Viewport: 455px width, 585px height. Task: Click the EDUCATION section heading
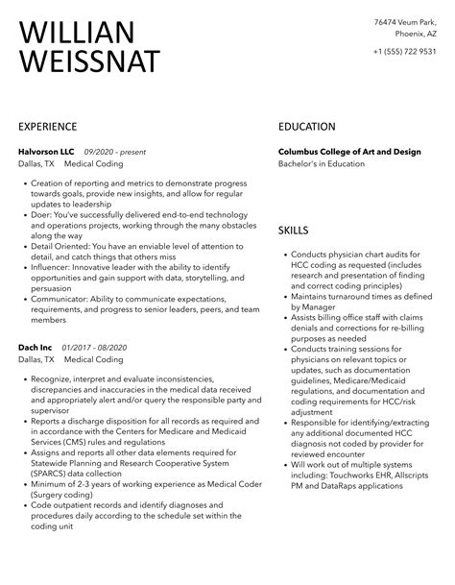pyautogui.click(x=307, y=126)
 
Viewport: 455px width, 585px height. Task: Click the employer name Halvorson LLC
pyautogui.click(x=46, y=152)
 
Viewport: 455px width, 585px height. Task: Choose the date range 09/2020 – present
pyautogui.click(x=116, y=152)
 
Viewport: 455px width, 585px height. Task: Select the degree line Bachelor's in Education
pyautogui.click(x=322, y=164)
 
